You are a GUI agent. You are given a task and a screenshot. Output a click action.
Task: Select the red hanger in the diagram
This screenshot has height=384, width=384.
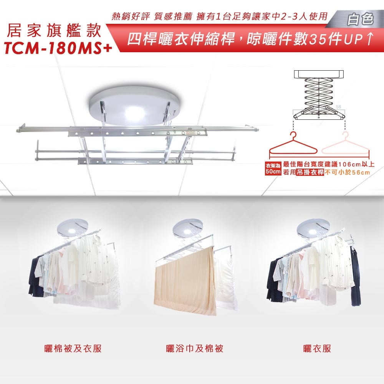coord(293,148)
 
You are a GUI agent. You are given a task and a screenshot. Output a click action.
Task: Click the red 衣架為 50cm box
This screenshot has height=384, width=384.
coord(273,169)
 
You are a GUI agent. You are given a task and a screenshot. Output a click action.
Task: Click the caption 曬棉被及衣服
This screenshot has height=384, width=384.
coord(73,349)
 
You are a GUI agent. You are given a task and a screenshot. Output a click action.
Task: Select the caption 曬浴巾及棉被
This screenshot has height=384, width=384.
coord(194,349)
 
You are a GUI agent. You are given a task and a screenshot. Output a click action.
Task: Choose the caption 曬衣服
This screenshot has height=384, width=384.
coord(317,349)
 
